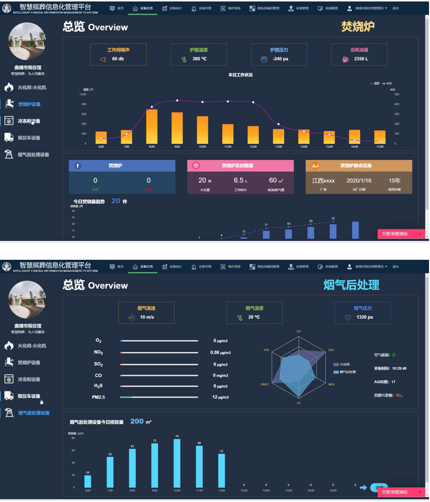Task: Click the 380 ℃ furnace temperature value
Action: point(200,59)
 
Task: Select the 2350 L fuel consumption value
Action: point(361,59)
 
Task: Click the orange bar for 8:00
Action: point(152,126)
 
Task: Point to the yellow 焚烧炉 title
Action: point(358,26)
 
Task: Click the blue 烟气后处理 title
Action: point(351,285)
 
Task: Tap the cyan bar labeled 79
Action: point(177,463)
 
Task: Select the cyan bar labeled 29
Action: point(88,481)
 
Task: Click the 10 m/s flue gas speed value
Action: point(148,317)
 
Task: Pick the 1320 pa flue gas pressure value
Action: point(364,317)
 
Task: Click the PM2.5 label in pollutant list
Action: point(98,397)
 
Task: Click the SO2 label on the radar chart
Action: point(331,350)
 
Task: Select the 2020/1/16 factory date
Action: point(359,180)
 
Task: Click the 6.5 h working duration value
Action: point(240,180)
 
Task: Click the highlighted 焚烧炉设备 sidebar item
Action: point(29,104)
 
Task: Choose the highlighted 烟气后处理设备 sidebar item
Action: point(34,413)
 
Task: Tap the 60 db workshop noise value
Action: point(118,59)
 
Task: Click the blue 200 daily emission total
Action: point(137,421)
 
